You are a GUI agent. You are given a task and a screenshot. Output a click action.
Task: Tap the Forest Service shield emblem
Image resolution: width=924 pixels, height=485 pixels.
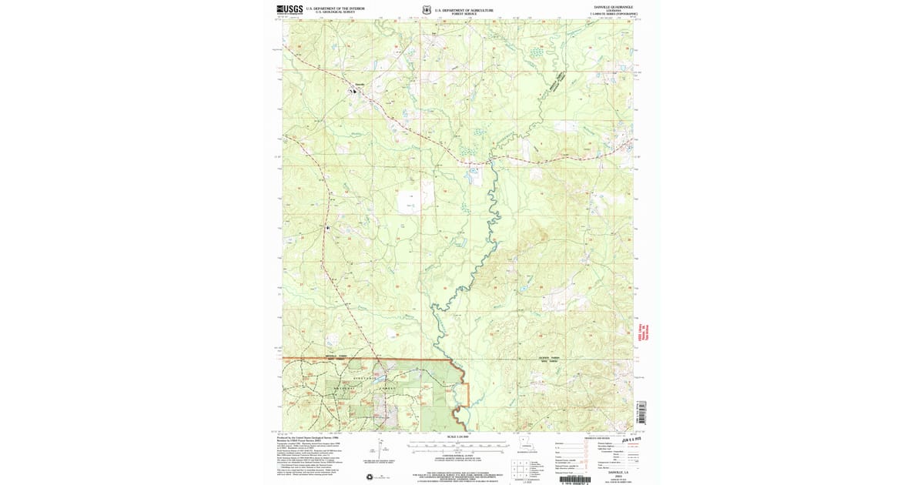pos(425,11)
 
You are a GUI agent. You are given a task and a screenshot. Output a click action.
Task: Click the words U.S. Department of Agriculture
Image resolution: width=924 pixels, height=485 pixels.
pos(464,10)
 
